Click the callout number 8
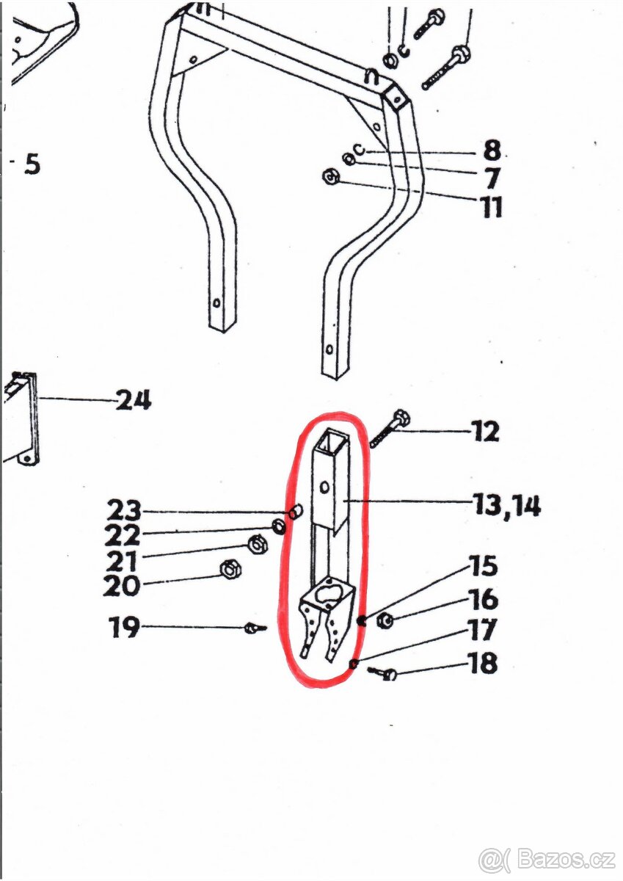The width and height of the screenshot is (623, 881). pyautogui.click(x=492, y=150)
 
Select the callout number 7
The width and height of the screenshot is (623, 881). pyautogui.click(x=491, y=178)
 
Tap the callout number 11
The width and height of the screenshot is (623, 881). pyautogui.click(x=492, y=206)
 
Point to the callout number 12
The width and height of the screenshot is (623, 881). pyautogui.click(x=486, y=432)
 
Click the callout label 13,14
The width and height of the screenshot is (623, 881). pyautogui.click(x=506, y=505)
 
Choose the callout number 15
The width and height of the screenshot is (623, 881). pyautogui.click(x=484, y=566)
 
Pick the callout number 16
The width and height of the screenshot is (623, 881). pyautogui.click(x=484, y=599)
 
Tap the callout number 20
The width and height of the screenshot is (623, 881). pyautogui.click(x=122, y=586)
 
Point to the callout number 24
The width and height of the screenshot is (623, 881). pyautogui.click(x=134, y=401)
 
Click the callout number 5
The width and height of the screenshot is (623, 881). pyautogui.click(x=32, y=164)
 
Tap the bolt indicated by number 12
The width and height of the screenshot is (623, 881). pyautogui.click(x=389, y=429)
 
